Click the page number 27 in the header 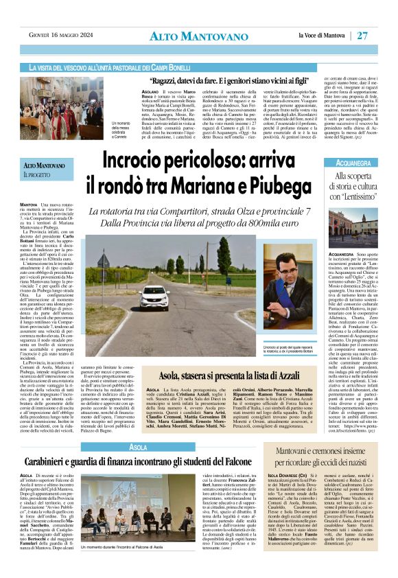[x=382, y=35]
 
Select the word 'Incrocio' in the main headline [x=138, y=160]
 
